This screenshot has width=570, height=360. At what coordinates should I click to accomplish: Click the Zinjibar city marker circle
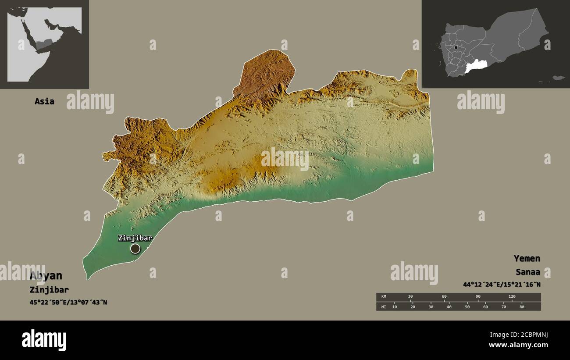(135, 249)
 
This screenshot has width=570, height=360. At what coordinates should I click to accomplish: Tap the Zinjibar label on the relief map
(135, 238)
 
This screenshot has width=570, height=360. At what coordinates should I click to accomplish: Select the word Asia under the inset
(44, 101)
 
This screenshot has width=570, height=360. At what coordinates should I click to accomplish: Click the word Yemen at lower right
(527, 258)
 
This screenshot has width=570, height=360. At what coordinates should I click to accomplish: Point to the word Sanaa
(528, 271)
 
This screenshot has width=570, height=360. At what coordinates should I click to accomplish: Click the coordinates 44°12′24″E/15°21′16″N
(501, 285)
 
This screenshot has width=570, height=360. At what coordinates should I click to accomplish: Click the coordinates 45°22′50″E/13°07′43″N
(68, 302)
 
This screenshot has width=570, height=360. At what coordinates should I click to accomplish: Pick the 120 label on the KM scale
(512, 297)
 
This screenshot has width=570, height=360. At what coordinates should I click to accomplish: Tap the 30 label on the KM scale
(410, 297)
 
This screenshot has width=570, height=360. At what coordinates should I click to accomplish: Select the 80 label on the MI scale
(521, 307)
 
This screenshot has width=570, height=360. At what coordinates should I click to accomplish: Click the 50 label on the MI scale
(467, 307)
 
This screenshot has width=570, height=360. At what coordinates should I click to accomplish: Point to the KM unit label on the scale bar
(384, 297)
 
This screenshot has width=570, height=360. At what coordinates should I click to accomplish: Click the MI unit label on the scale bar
(384, 307)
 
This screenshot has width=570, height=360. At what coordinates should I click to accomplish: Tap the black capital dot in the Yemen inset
(456, 47)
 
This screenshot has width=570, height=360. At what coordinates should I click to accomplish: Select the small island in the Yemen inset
(558, 78)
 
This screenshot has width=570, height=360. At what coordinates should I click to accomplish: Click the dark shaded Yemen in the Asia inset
(44, 44)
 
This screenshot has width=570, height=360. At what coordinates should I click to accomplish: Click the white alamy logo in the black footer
(44, 340)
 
